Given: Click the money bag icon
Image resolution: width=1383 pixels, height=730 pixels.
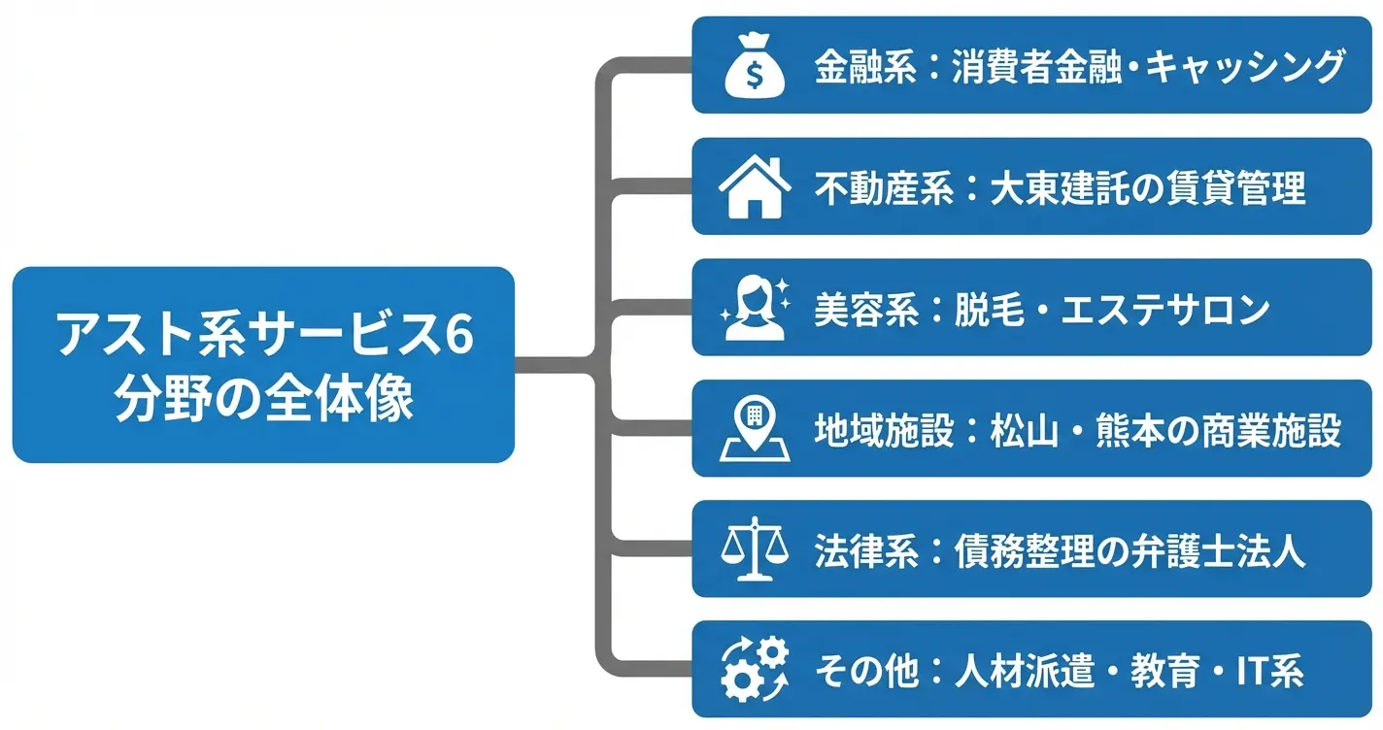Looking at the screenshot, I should (x=753, y=66).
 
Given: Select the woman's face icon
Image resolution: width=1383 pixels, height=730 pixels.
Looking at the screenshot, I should (x=753, y=308).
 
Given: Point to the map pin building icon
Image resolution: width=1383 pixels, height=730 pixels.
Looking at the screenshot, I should (x=753, y=428).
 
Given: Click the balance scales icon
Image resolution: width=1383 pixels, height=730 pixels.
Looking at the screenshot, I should (x=753, y=549).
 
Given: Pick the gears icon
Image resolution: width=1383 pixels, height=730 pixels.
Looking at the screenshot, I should (x=753, y=670).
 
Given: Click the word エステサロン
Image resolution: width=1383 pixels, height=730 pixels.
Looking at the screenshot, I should (x=1165, y=309).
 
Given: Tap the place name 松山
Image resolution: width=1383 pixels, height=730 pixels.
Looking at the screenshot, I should (x=1016, y=429).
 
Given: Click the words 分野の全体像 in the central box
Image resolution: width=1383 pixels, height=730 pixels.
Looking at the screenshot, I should (x=264, y=398).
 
